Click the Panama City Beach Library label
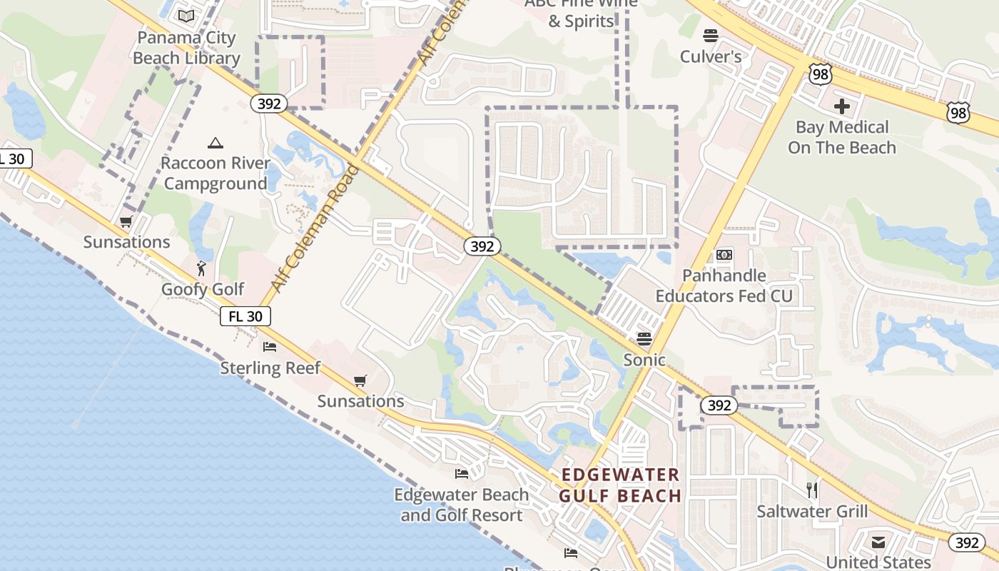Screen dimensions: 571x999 [187, 48]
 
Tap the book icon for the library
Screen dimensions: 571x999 [186, 16]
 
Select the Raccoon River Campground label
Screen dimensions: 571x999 [215, 173]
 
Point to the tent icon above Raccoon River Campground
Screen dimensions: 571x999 [215, 143]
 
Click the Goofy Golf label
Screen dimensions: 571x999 [203, 289]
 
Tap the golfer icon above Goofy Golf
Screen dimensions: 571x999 [202, 268]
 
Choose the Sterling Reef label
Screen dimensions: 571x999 [270, 368]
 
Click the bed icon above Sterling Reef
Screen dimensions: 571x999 [270, 347]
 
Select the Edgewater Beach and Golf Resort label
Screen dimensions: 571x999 [462, 505]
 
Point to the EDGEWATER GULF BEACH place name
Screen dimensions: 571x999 [620, 485]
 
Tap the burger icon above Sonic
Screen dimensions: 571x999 [644, 338]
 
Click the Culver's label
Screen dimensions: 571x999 [711, 57]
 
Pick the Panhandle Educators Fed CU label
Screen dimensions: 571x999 [724, 285]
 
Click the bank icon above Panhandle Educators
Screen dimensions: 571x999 [724, 255]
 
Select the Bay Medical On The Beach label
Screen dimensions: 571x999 [842, 137]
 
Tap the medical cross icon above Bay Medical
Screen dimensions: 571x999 [842, 106]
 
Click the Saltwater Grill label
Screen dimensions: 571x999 [812, 511]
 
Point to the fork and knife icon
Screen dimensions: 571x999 [811, 490]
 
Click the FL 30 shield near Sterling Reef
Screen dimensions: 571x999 [245, 316]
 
